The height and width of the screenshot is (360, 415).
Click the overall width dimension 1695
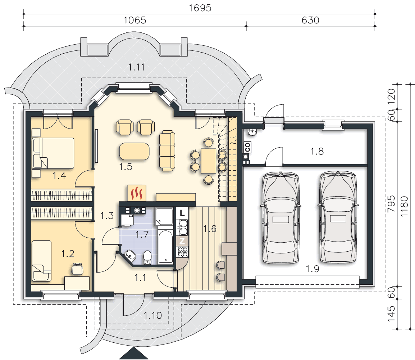pos(200,8)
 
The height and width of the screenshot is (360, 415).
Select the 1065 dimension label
pos(135,20)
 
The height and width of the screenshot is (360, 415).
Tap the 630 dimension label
pos(310,20)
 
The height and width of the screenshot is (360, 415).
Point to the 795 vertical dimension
pos(391,204)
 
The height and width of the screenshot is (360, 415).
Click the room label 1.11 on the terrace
pos(137,67)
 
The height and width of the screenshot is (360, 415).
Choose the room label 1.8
pos(317,151)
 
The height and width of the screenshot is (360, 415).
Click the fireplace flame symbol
pos(137,193)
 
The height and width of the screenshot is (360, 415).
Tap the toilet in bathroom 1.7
pos(147,257)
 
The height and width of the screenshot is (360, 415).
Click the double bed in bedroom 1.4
pos(53,153)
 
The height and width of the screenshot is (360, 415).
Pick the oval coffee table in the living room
pos(134,151)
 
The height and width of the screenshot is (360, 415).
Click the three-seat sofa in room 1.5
pos(167,150)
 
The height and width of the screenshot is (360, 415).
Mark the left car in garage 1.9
pos(281,218)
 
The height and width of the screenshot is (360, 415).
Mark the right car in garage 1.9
pos(338,217)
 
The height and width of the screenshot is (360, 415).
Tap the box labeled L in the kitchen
pos(182,213)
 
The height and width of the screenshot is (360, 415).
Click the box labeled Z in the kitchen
pos(182,241)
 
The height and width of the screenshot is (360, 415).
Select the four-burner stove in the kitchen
pos(182,252)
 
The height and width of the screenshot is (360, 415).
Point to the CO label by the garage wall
pos(247,147)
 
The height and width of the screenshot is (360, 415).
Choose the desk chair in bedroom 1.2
pos(77,269)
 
